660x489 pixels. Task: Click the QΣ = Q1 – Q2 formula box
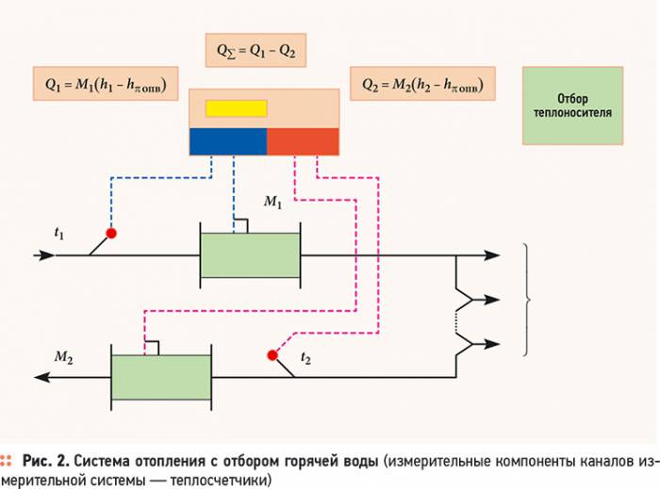click(x=256, y=51)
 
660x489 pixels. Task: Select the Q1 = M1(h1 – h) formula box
click(x=106, y=84)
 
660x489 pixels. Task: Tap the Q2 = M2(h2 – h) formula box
click(x=422, y=84)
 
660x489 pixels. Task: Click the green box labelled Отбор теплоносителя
click(x=573, y=106)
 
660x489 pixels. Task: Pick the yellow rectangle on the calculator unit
click(x=236, y=108)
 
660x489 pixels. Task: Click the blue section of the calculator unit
click(x=228, y=141)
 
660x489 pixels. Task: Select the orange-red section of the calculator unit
click(x=303, y=141)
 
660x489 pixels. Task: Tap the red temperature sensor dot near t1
click(x=111, y=233)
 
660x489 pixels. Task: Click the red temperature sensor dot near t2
click(x=272, y=355)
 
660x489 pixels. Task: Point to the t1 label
click(x=59, y=233)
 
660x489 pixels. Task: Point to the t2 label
click(x=305, y=358)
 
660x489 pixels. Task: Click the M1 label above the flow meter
click(x=272, y=202)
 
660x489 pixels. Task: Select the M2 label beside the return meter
click(x=63, y=357)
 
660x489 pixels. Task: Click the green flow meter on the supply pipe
click(x=250, y=255)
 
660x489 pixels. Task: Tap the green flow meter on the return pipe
click(x=161, y=377)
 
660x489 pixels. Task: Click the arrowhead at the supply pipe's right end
click(x=491, y=255)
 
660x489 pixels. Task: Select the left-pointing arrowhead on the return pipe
click(x=42, y=377)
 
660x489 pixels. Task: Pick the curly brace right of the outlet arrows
click(x=526, y=300)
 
